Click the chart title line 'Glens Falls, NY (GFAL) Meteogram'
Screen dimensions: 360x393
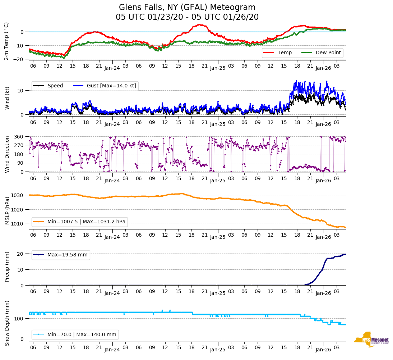pyautogui.click(x=187, y=8)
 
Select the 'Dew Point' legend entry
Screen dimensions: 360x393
pyautogui.click(x=328, y=53)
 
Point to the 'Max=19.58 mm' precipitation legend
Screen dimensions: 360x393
pyautogui.click(x=67, y=255)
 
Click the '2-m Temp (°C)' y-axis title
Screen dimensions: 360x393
pyautogui.click(x=6, y=41)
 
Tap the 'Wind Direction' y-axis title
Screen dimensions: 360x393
pyautogui.click(x=7, y=154)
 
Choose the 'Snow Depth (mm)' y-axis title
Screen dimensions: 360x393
pyautogui.click(x=7, y=323)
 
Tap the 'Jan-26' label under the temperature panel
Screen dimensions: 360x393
pyautogui.click(x=323, y=68)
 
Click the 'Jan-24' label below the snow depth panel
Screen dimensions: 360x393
pyautogui.click(x=112, y=349)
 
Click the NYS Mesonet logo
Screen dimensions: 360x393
pyautogui.click(x=371, y=340)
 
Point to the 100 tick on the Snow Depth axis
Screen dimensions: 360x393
pyautogui.click(x=19, y=319)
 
